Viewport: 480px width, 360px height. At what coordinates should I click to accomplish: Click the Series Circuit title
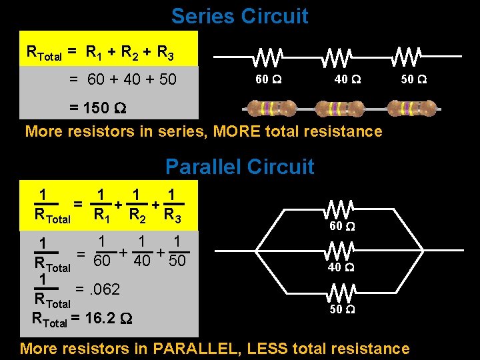(x=239, y=16)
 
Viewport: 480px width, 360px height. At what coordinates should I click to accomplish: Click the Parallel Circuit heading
(x=239, y=166)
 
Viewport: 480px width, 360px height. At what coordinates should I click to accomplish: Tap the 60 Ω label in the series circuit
(x=269, y=80)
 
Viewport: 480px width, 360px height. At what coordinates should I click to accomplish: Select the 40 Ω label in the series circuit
(x=347, y=80)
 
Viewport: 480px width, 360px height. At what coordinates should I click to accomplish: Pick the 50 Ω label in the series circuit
(x=414, y=80)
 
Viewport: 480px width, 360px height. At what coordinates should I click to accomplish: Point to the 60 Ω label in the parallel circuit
(x=341, y=227)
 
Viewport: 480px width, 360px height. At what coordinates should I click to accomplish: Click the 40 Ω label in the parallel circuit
(x=341, y=268)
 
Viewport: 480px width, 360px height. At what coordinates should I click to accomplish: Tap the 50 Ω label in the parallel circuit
(x=341, y=309)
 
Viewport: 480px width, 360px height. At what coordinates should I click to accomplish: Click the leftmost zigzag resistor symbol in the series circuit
(x=269, y=58)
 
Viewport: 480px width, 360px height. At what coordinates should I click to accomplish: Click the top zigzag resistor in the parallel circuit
(x=341, y=209)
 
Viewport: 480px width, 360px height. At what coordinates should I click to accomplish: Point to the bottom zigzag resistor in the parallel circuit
(x=341, y=292)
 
